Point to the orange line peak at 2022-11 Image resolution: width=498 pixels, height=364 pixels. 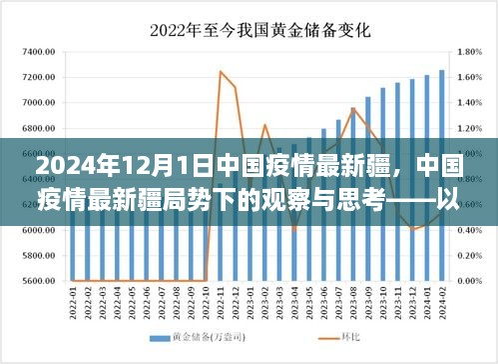(x=221, y=72)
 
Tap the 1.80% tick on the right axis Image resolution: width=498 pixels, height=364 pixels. (x=472, y=51)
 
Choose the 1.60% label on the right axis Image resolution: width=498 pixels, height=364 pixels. (x=472, y=77)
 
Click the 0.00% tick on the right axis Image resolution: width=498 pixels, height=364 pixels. (x=472, y=281)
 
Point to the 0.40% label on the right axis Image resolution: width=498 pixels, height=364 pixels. (x=472, y=230)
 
